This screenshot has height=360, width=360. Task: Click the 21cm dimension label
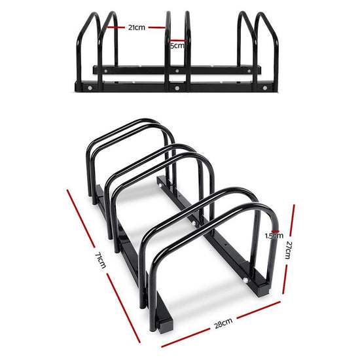(137, 27)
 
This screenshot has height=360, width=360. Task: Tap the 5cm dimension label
(177, 46)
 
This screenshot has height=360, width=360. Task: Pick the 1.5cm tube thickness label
(274, 236)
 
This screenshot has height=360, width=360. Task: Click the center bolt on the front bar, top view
(177, 86)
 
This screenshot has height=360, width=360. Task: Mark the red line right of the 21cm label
(157, 27)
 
